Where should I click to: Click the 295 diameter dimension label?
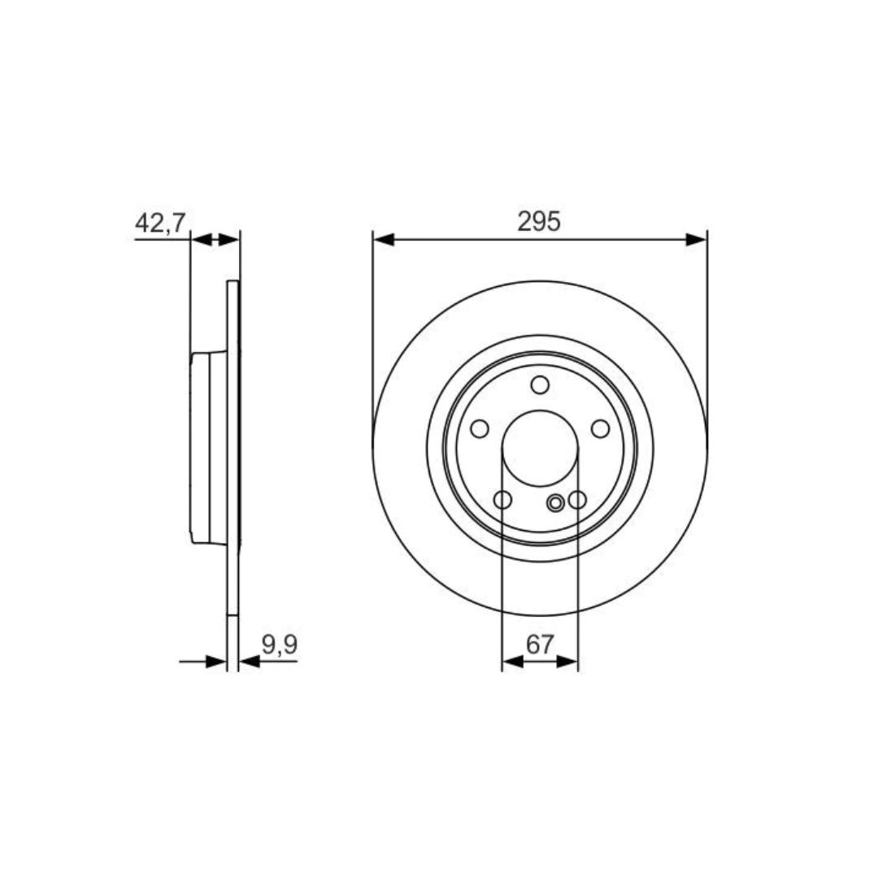(539, 222)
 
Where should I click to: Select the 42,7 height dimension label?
(160, 223)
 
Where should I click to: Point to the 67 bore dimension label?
(540, 645)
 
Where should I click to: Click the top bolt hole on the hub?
(540, 385)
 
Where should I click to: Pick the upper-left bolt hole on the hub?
(480, 429)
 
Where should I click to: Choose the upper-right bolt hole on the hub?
(600, 429)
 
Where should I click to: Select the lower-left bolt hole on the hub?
(503, 499)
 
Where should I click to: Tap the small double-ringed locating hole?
(555, 503)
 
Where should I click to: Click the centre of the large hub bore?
(540, 448)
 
